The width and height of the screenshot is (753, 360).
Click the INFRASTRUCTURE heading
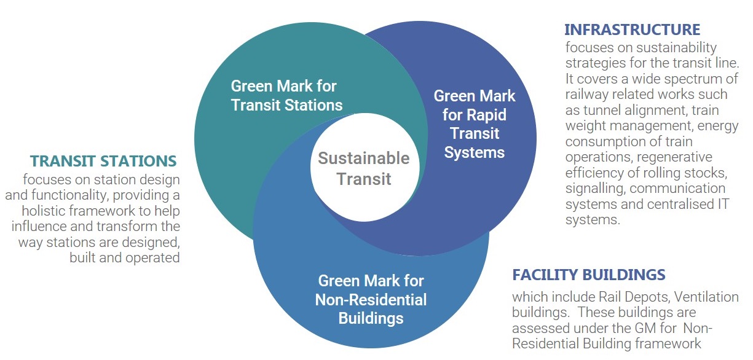(632, 29)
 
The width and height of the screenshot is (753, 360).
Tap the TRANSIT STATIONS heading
(103, 161)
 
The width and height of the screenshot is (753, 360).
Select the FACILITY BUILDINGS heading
(589, 275)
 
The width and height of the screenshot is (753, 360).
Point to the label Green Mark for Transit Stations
(286, 95)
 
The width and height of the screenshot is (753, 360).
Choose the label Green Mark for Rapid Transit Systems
(475, 124)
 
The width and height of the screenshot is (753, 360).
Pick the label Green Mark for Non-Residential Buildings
(371, 300)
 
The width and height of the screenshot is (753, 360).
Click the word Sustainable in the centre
(364, 158)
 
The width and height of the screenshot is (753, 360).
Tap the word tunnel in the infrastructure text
(601, 110)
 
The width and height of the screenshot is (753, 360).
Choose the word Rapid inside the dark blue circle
(487, 115)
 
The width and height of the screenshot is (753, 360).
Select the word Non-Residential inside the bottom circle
(371, 300)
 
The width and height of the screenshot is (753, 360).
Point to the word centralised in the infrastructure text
(683, 204)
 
